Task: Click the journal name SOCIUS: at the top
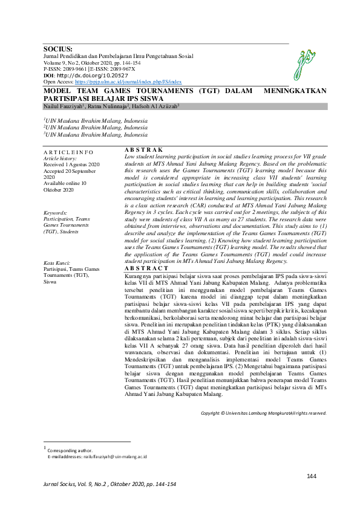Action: point(58,50)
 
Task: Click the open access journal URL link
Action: point(128,81)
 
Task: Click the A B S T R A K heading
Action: point(143,149)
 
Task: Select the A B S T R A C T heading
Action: point(146,268)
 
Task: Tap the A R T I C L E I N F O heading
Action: point(68,152)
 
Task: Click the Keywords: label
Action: point(56,213)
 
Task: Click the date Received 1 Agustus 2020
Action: point(71,164)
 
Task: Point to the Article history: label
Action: point(60,158)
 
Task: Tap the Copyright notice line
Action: point(264,413)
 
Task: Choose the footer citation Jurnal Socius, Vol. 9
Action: point(110,485)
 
